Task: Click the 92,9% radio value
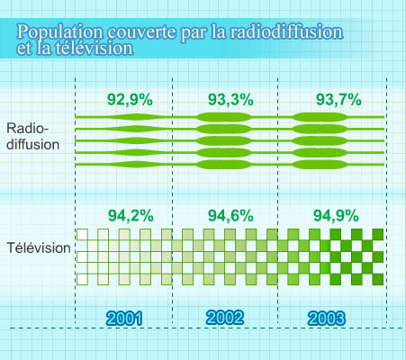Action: pos(130,100)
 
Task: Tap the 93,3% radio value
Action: pos(230,100)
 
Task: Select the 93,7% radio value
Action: pos(338,100)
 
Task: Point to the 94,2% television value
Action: pos(131,215)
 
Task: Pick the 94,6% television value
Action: pos(230,215)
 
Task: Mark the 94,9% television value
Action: pos(336,215)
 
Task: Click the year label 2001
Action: pos(124,319)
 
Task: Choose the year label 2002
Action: pos(225,318)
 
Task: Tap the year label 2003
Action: pos(327,319)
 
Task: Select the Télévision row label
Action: pos(39,248)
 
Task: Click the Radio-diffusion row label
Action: pos(33,137)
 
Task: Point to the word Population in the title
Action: pos(59,32)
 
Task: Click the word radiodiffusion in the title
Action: pos(286,31)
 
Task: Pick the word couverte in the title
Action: pos(141,32)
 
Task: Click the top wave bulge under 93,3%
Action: pos(223,117)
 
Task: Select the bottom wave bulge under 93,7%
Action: pos(320,165)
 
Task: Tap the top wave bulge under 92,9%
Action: pos(137,117)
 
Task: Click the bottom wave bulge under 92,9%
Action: pos(137,165)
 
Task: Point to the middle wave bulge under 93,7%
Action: pos(320,141)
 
